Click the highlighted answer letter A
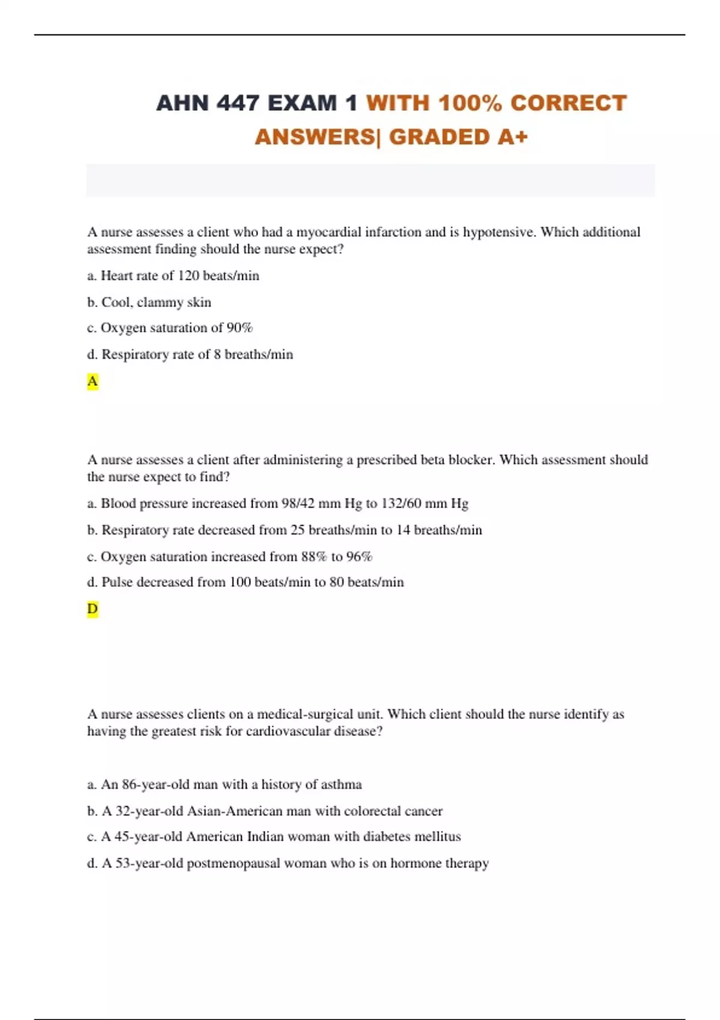click(92, 382)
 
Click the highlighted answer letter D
click(92, 609)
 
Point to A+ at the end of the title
click(512, 137)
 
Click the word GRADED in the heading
click(439, 137)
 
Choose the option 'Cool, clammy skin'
click(149, 302)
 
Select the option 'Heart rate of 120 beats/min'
click(173, 276)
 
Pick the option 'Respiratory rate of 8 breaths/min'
click(190, 355)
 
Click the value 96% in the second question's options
click(359, 557)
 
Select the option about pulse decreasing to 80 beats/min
click(245, 583)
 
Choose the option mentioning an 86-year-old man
click(224, 785)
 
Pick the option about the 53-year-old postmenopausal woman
click(288, 863)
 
